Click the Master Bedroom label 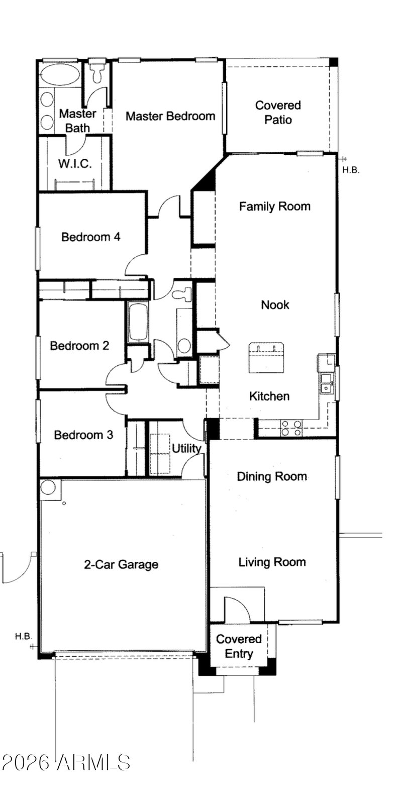pos(170,116)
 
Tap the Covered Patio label pos(278,112)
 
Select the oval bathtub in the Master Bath pos(59,75)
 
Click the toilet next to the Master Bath pos(97,73)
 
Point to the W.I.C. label pos(75,164)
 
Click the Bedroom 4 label pos(90,237)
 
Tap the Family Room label pos(274,206)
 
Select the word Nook pos(275,305)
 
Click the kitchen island pos(266,358)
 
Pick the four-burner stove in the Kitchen pos(291,428)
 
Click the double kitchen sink pos(327,383)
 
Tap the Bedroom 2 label pos(79,346)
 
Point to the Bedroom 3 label pos(83,435)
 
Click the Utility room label pos(186,449)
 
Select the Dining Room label pos(272,476)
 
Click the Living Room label pos(272,562)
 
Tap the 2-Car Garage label pos(121,564)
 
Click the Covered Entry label pos(239,646)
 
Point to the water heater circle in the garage pos(48,487)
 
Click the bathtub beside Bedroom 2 pos(138,323)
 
